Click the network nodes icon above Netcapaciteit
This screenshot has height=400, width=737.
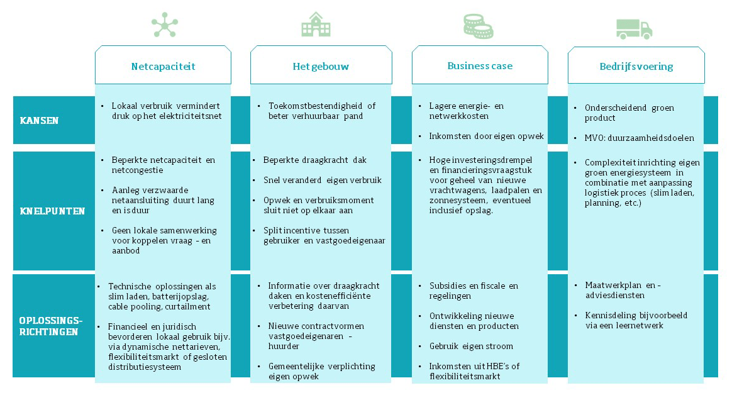(x=164, y=25)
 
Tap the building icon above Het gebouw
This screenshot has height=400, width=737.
(x=315, y=25)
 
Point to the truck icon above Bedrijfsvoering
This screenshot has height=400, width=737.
(x=633, y=28)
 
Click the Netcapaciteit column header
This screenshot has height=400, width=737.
(x=163, y=66)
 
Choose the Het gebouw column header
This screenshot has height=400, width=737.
(x=321, y=66)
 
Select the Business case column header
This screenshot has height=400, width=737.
(x=480, y=65)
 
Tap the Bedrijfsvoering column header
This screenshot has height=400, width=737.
(x=636, y=66)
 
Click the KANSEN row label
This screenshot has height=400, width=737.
(x=39, y=120)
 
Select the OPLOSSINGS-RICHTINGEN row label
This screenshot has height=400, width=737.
(x=48, y=326)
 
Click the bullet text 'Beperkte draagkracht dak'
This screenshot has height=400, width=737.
(x=314, y=160)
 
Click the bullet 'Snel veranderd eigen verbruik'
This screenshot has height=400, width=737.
(x=322, y=181)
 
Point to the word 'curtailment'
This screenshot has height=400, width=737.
(x=188, y=306)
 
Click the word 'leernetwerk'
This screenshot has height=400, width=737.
(x=638, y=326)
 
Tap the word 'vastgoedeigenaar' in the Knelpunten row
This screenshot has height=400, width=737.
(x=354, y=240)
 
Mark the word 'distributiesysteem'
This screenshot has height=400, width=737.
(x=145, y=367)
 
